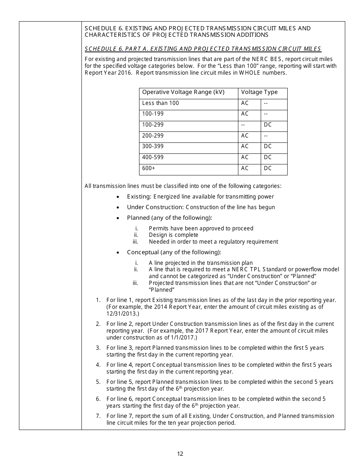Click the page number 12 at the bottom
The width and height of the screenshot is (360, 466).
pyautogui.click(x=180, y=453)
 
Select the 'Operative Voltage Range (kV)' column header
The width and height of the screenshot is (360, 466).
pyautogui.click(x=183, y=92)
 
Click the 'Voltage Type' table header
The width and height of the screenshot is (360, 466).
pyautogui.click(x=259, y=92)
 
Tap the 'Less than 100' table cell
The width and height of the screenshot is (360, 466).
pyautogui.click(x=160, y=103)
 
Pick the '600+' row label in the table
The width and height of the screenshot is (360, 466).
pyautogui.click(x=149, y=168)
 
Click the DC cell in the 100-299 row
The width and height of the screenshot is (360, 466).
pyautogui.click(x=268, y=125)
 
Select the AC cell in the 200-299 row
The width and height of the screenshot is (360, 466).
pyautogui.click(x=245, y=136)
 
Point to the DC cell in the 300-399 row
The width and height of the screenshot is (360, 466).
pyautogui.click(x=268, y=146)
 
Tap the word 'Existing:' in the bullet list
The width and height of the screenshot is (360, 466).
pyautogui.click(x=139, y=197)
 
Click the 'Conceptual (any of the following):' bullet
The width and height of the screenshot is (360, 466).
pyautogui.click(x=174, y=252)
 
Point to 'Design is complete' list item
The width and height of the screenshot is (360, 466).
pyautogui.click(x=174, y=235)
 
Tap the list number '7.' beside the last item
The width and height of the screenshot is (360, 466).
pyautogui.click(x=98, y=416)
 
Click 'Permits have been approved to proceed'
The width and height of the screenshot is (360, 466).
pyautogui.click(x=201, y=228)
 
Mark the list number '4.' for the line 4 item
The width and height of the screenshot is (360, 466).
pyautogui.click(x=98, y=365)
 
